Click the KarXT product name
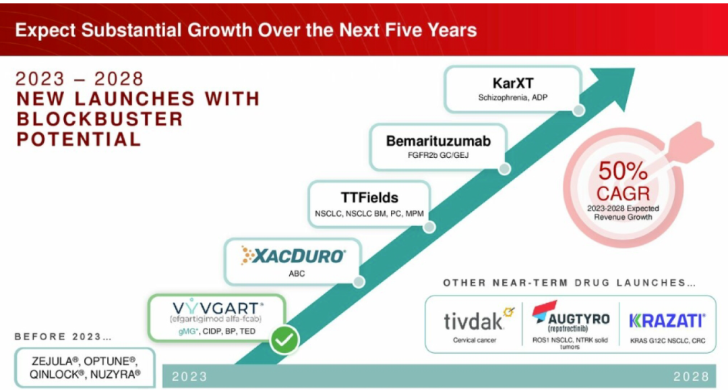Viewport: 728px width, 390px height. [x=513, y=83]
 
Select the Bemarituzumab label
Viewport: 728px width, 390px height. [x=438, y=141]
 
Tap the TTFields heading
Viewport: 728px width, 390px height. [x=369, y=198]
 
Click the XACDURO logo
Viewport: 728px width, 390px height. [x=293, y=256]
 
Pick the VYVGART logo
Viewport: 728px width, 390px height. [x=218, y=308]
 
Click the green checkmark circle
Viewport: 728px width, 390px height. [x=284, y=340]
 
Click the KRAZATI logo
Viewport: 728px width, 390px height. [x=667, y=321]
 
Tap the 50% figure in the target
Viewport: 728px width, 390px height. [x=623, y=171]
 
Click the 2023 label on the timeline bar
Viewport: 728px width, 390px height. [x=189, y=377]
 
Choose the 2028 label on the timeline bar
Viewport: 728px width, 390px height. [x=692, y=377]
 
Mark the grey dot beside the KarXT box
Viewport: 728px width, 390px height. [x=578, y=111]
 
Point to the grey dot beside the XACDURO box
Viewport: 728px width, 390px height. [x=359, y=281]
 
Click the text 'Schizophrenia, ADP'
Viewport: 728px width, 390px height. [x=513, y=98]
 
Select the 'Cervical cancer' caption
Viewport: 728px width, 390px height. [x=475, y=340]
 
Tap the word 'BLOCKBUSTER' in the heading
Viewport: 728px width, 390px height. [x=100, y=119]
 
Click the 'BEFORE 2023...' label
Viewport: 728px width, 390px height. [x=63, y=337]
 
